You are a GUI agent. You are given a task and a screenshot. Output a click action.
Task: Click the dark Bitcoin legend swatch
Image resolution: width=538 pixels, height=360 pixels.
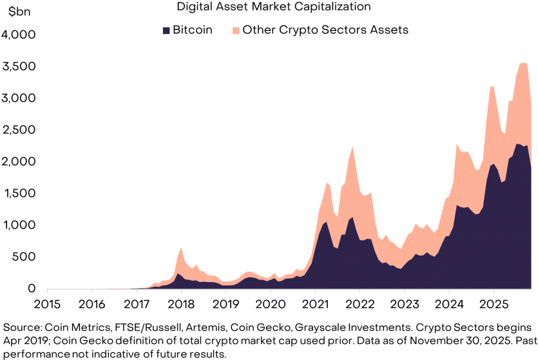166,30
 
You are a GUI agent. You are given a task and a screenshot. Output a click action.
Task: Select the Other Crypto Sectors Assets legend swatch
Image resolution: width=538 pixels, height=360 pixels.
236,30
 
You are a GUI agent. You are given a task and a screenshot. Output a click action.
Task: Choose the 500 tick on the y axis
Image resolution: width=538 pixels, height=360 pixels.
26,258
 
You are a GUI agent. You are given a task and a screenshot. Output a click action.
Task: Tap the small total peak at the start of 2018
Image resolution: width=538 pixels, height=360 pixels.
181,247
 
